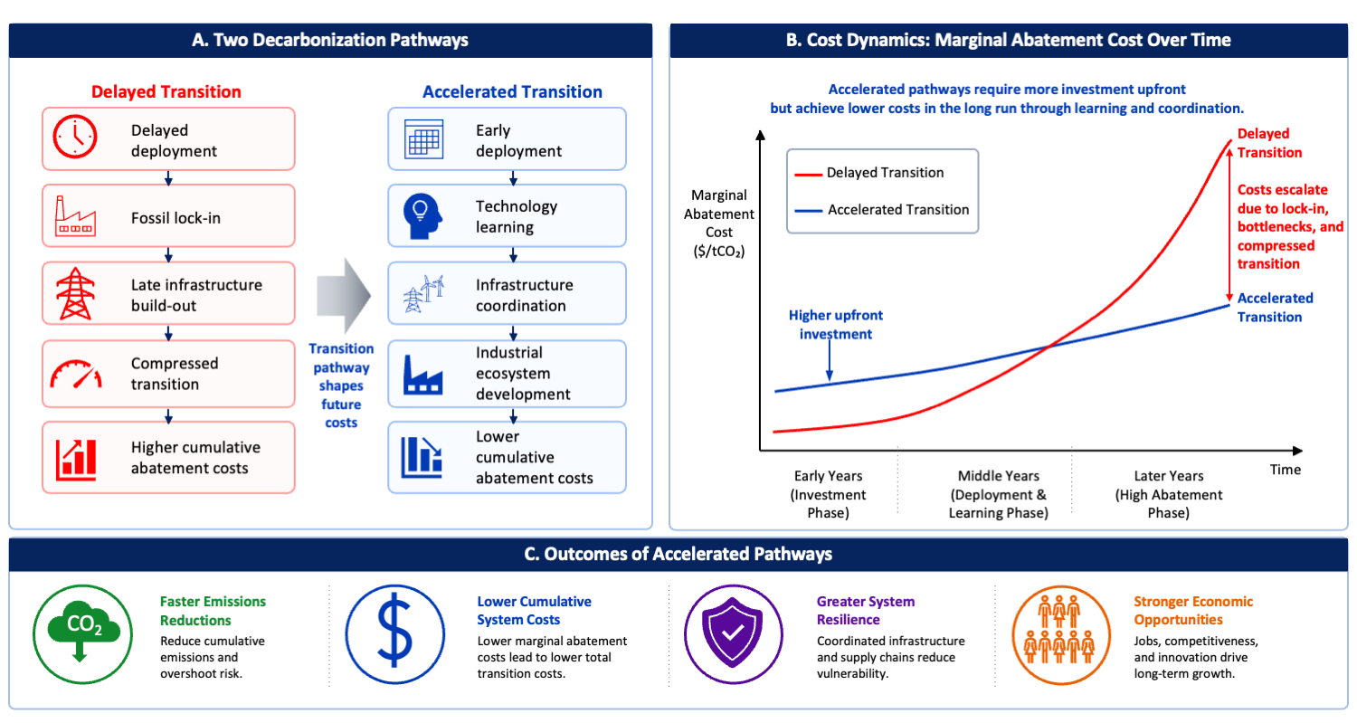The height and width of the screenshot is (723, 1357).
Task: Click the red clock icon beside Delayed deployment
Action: click(x=74, y=137)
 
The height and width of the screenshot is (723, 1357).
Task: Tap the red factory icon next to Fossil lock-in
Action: click(x=75, y=215)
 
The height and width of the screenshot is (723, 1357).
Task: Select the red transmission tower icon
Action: click(x=75, y=293)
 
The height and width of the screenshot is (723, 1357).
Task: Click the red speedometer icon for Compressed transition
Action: click(x=76, y=374)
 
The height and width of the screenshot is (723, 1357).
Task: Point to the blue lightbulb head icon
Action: click(x=422, y=216)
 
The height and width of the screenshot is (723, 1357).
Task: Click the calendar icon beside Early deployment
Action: click(x=423, y=138)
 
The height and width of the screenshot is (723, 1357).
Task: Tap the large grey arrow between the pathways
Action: click(x=344, y=296)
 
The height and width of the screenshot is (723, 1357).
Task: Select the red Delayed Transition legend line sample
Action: click(x=808, y=174)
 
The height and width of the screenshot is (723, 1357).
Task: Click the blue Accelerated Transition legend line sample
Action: click(x=808, y=211)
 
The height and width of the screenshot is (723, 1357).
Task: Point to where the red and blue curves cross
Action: click(x=1049, y=347)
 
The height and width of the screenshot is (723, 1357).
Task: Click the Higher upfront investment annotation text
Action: click(x=835, y=325)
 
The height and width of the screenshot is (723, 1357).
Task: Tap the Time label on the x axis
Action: click(x=1285, y=470)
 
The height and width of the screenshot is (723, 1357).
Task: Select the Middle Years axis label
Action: click(x=998, y=495)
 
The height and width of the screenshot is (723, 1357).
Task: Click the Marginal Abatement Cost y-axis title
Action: click(x=719, y=223)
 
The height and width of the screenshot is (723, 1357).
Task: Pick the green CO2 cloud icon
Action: click(x=82, y=634)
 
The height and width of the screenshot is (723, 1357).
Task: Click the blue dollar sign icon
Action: click(x=395, y=634)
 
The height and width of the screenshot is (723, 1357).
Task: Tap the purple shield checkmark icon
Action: click(x=733, y=634)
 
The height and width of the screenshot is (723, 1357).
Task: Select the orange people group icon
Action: click(x=1061, y=634)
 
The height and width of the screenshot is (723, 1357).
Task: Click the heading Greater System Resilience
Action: click(x=865, y=610)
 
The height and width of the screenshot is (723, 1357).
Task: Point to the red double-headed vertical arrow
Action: click(x=1229, y=224)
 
